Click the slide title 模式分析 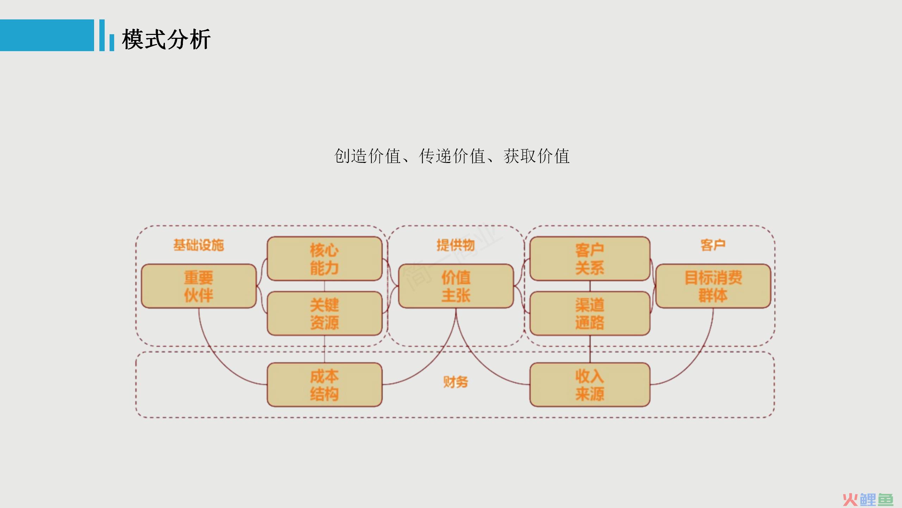(x=166, y=39)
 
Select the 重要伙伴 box (x=199, y=286)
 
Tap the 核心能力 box (x=325, y=259)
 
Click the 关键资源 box (x=325, y=313)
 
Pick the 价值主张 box (x=456, y=286)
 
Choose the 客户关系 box (x=590, y=259)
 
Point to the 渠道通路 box (x=590, y=313)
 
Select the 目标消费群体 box (x=713, y=286)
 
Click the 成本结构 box (x=325, y=385)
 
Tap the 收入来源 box (x=590, y=385)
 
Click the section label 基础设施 (x=199, y=245)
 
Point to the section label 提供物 (x=456, y=245)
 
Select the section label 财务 (x=456, y=382)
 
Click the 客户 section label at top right (x=713, y=245)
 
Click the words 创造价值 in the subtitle (x=367, y=156)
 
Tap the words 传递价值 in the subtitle (x=452, y=156)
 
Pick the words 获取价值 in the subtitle (x=537, y=156)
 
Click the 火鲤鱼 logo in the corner (x=868, y=500)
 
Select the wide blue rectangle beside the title (x=47, y=35)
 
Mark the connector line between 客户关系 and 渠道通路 (x=590, y=286)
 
